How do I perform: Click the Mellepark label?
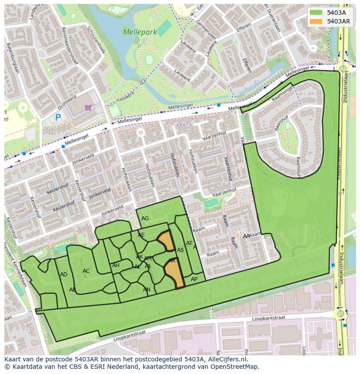pos(137,32)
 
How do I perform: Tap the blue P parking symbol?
pos(58,117)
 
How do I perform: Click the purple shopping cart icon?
pos(88,107)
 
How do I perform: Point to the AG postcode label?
pos(145,218)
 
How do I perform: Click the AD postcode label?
pos(64,275)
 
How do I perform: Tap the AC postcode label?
pos(86,271)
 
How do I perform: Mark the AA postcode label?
pos(247,236)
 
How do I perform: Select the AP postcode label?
pos(194,279)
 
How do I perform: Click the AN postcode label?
pos(147,290)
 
